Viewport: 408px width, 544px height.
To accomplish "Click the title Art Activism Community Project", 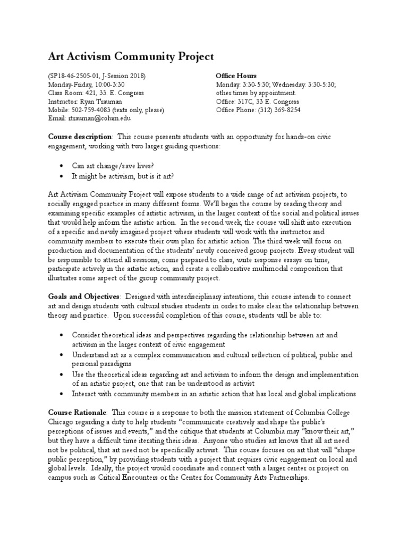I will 131,56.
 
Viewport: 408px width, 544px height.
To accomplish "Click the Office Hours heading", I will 236,76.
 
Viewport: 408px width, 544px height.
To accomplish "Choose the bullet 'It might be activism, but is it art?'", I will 125,176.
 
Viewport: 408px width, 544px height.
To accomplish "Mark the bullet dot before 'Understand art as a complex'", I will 62,354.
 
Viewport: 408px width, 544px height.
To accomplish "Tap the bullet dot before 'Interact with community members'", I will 62,394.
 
